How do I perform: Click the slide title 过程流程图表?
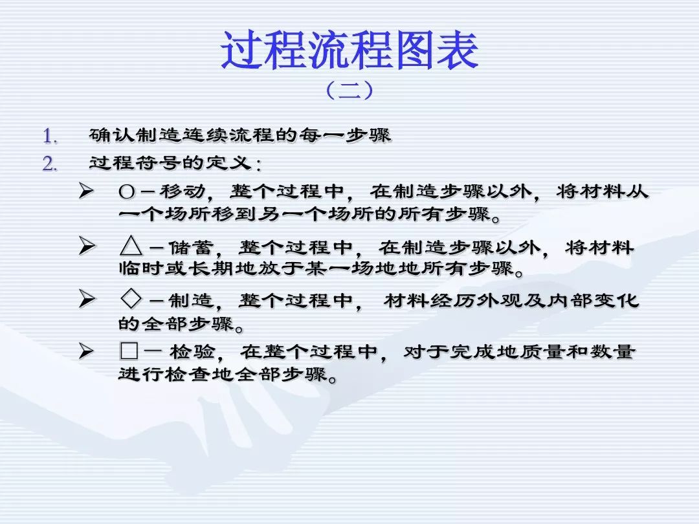(x=349, y=50)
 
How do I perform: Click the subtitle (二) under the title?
(x=349, y=90)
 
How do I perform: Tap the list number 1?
(x=50, y=136)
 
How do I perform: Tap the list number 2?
(x=50, y=164)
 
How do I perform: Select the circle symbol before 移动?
(x=127, y=193)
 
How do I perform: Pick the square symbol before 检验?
(x=129, y=351)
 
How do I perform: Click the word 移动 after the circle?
(x=183, y=191)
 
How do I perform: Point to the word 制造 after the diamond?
(x=191, y=300)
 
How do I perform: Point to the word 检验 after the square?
(x=193, y=352)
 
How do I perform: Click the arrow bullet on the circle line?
(x=87, y=191)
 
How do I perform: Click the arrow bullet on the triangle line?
(x=87, y=246)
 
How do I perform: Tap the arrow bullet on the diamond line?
(x=87, y=298)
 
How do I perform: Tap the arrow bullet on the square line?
(x=87, y=351)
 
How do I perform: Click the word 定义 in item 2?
(x=229, y=162)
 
